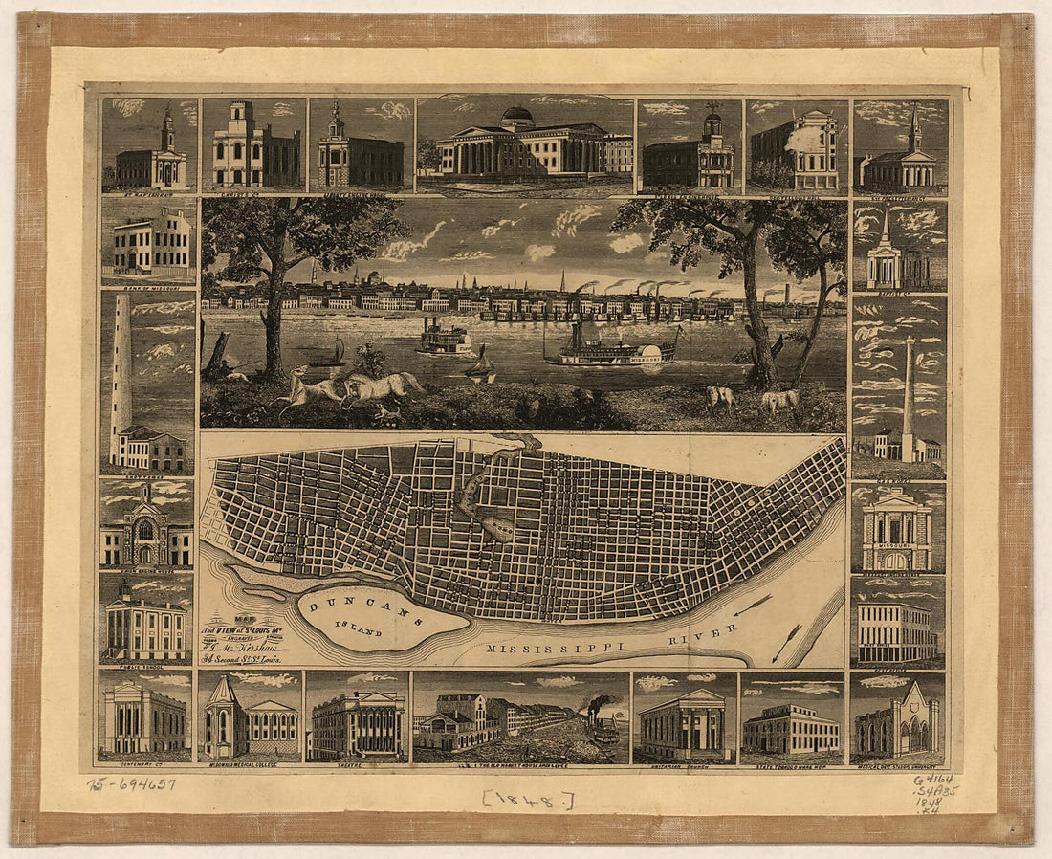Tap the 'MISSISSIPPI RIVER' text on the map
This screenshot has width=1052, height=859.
[x=612, y=642]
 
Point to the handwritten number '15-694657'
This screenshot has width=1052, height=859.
[x=131, y=784]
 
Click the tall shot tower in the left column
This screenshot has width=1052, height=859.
[x=121, y=363]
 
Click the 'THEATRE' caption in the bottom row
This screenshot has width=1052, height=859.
[x=357, y=766]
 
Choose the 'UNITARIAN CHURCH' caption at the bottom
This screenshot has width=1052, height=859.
[x=684, y=766]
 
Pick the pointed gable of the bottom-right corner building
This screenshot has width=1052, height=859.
[x=915, y=694]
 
